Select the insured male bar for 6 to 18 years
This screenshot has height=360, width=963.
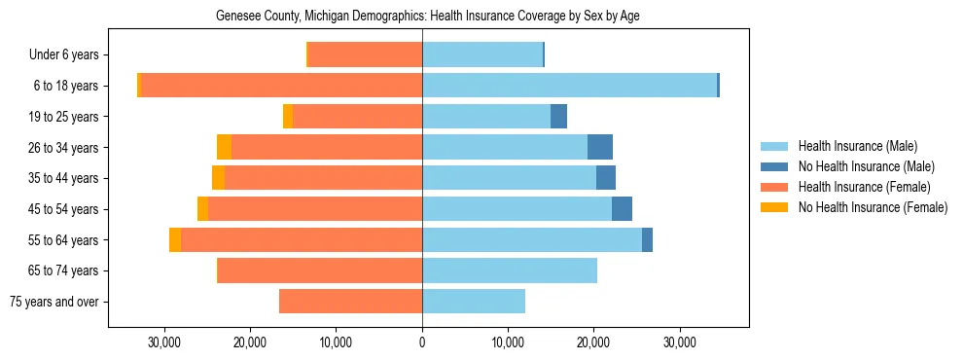[569, 86]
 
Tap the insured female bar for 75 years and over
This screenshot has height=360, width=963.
[350, 302]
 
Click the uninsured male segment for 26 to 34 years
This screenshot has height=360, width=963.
[600, 147]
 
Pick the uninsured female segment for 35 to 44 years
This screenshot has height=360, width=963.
[218, 178]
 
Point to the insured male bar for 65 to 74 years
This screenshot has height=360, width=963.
[510, 270]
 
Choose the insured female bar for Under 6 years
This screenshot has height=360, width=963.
[365, 54]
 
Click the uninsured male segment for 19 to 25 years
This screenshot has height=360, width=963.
[558, 117]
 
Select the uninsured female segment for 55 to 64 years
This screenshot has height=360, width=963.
[175, 239]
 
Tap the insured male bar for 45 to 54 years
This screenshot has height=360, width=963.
[517, 209]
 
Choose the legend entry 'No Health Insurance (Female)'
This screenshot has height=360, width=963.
[873, 207]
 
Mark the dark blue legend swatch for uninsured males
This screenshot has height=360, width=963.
[774, 166]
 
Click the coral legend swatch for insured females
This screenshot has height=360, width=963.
[774, 187]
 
